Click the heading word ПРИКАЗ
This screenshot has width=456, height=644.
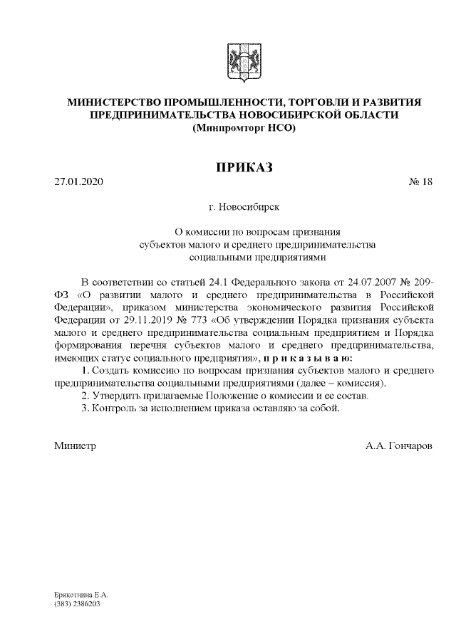coord(244,167)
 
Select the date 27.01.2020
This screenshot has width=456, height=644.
coord(79,182)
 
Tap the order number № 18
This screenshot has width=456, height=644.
coord(420,182)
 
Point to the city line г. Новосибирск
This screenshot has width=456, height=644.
coord(244,207)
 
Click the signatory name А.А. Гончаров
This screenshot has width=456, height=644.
coord(399,446)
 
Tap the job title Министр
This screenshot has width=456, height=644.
coord(75,446)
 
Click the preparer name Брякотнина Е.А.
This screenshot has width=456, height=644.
coord(81,593)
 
